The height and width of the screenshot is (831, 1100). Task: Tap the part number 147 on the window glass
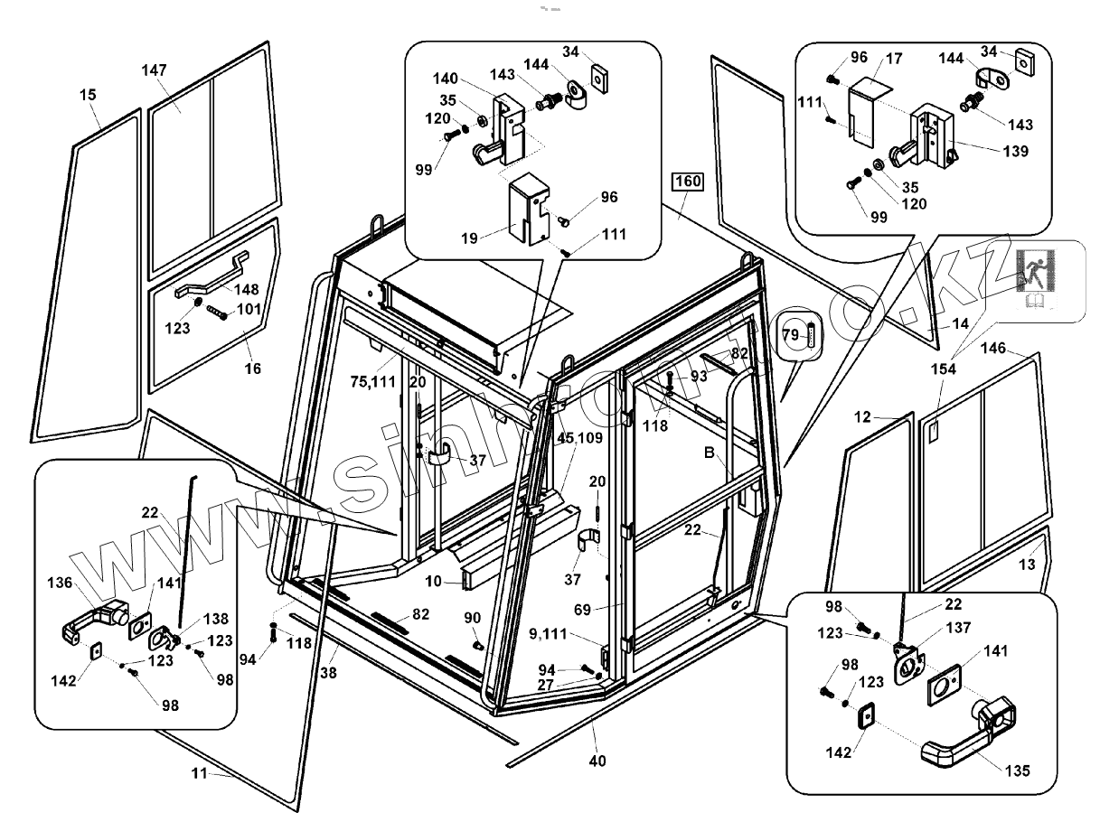[x=155, y=71]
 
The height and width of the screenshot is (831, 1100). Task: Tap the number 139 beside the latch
[x=1015, y=151]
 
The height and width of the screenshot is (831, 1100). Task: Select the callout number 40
[x=597, y=761]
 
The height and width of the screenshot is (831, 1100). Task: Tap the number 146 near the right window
[x=993, y=348]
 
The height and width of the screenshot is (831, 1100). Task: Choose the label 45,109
[x=578, y=438]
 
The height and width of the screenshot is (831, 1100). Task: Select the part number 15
[x=88, y=94]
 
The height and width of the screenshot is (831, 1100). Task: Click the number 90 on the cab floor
[x=472, y=617]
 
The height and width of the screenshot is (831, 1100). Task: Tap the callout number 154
[x=943, y=370]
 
